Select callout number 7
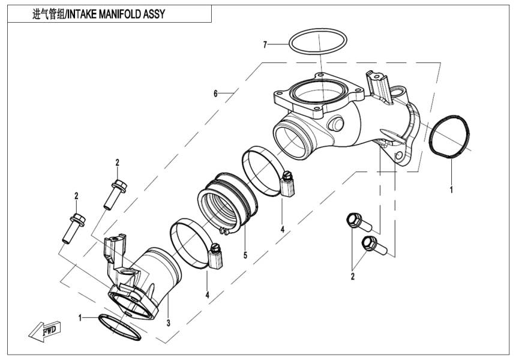(x=264, y=44)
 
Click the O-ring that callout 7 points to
(x=318, y=43)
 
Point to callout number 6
(x=215, y=93)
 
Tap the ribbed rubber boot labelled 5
(x=225, y=201)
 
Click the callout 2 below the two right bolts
(x=353, y=277)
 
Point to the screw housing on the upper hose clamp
(x=288, y=184)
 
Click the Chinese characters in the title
(x=53, y=13)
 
